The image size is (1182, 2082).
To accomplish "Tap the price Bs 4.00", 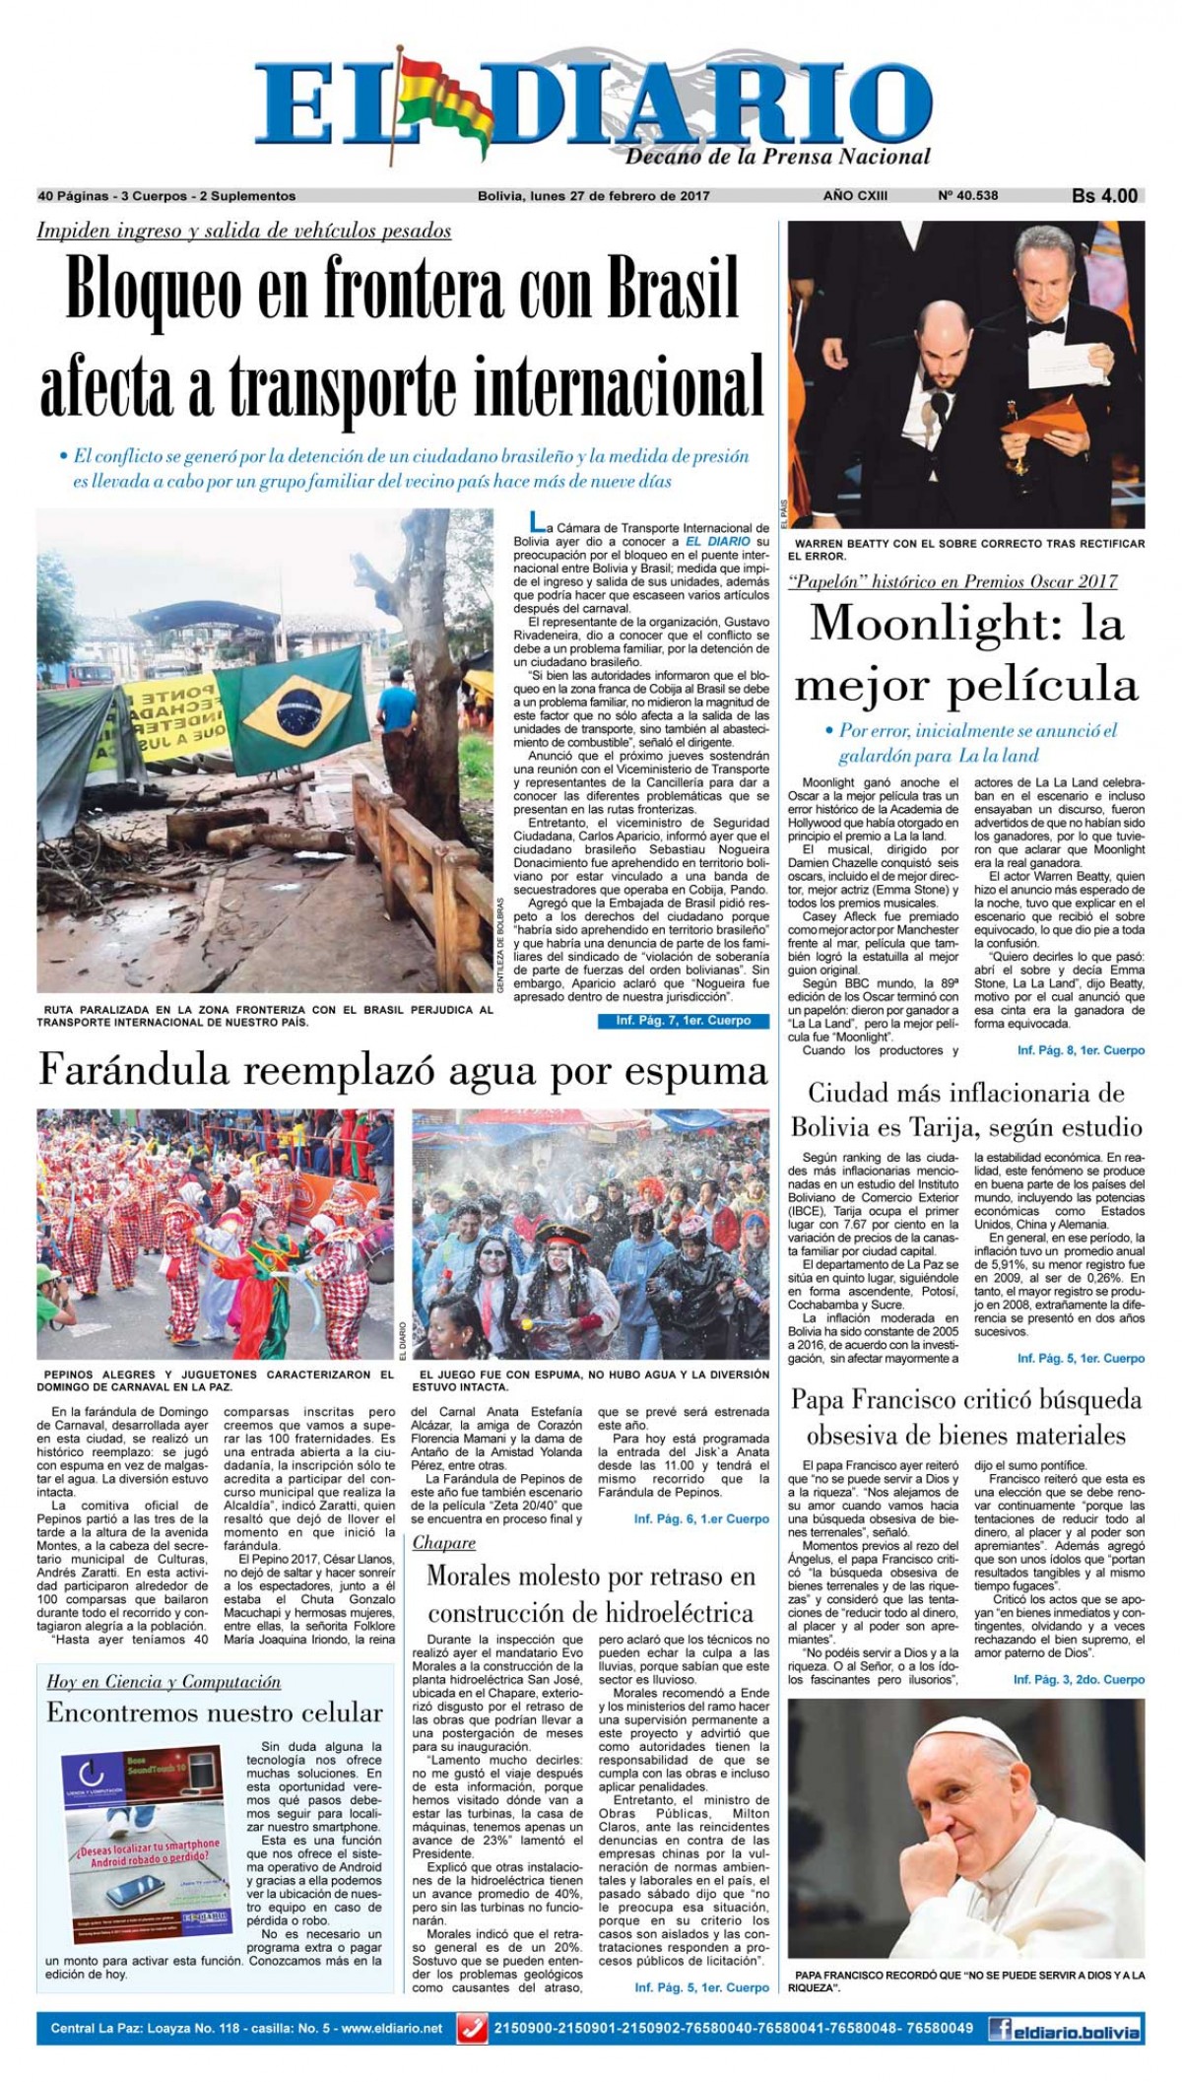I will coord(1104,196).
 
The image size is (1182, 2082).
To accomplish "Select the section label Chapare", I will coord(444,1542).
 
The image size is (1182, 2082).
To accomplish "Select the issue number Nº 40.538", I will coord(968,196).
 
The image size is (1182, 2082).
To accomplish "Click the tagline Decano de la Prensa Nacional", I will coord(777,156).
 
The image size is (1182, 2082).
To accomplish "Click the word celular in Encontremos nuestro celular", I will coord(334,1713).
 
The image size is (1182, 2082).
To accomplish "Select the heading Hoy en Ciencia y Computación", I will coord(164,1682).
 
